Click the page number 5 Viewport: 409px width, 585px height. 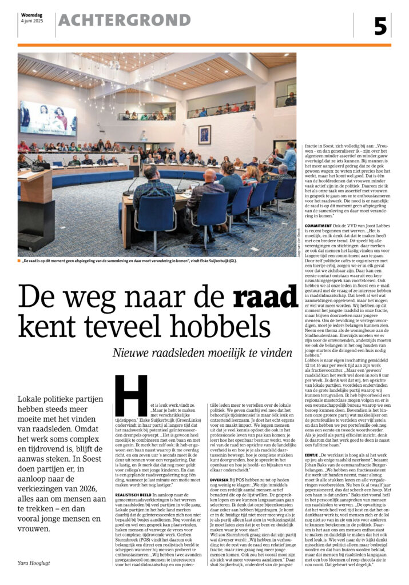pos(381,26)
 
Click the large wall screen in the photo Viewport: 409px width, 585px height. pos(48,118)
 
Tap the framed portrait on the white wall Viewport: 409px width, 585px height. pos(204,134)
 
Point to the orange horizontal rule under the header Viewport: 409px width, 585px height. pos(204,45)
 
